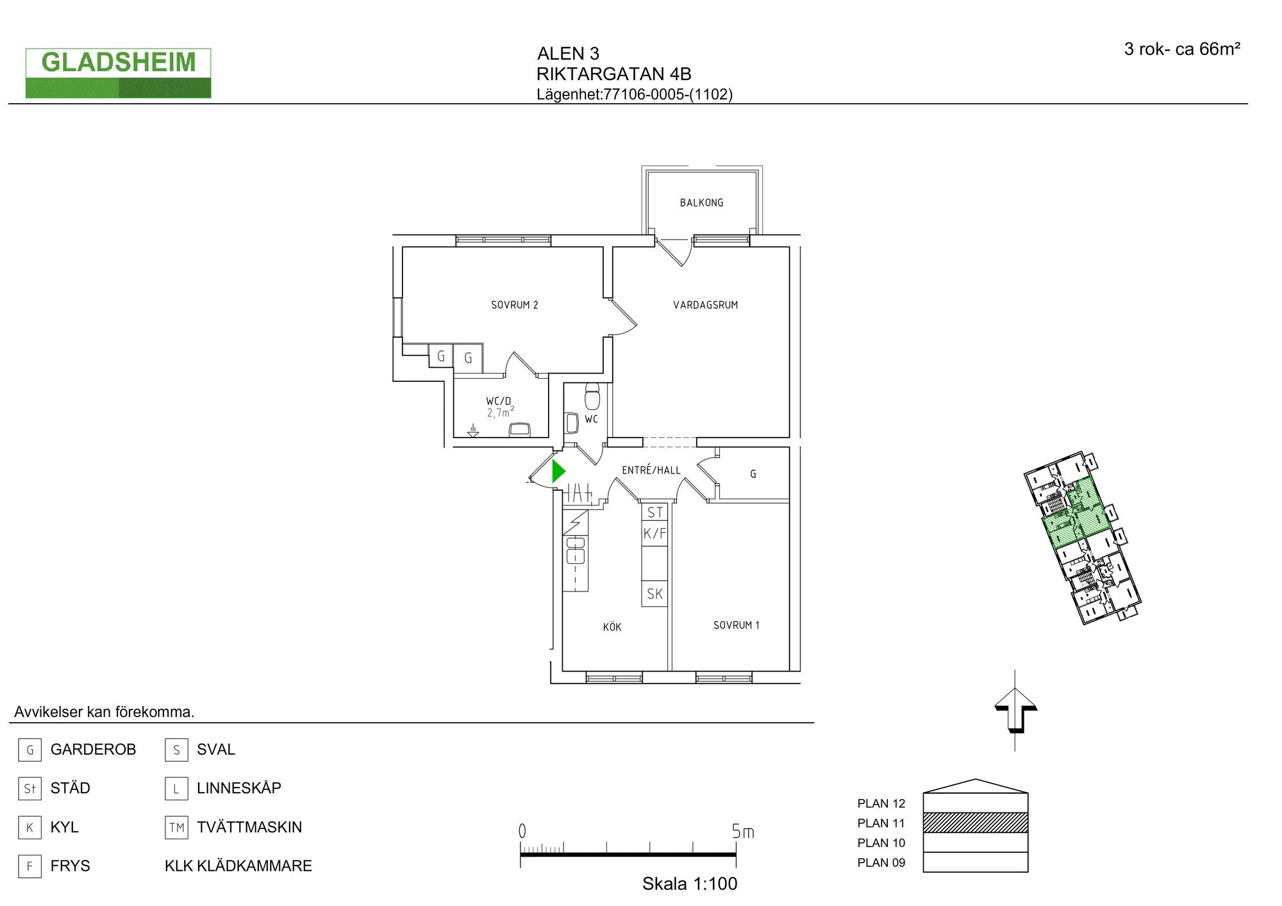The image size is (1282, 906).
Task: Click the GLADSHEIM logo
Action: click(x=119, y=73)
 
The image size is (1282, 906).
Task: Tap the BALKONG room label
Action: click(x=701, y=202)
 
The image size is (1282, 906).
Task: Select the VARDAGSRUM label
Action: click(x=705, y=305)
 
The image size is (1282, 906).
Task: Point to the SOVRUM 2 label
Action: click(x=514, y=305)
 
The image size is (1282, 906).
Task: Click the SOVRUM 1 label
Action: click(x=736, y=625)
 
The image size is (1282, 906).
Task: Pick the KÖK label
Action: click(x=612, y=627)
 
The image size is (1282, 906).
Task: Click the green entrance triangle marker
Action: click(x=558, y=472)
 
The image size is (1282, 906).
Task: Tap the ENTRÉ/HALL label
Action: click(x=651, y=470)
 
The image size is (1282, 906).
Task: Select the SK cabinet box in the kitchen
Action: click(x=654, y=593)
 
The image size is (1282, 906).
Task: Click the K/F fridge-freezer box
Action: click(x=654, y=533)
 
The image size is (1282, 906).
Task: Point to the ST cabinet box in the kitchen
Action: click(x=654, y=512)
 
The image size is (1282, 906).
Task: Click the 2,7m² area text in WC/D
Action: click(x=500, y=412)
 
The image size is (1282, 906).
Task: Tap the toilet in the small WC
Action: click(x=592, y=396)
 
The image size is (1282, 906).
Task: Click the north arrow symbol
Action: click(x=1015, y=710)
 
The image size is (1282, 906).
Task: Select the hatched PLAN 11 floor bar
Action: click(x=976, y=823)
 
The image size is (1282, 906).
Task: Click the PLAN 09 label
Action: click(x=881, y=862)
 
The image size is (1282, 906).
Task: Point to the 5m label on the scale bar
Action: click(x=743, y=831)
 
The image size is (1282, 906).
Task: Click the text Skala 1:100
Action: click(x=690, y=884)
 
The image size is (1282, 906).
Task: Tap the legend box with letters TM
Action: click(x=176, y=827)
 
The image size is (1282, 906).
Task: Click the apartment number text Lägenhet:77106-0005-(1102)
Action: click(x=635, y=94)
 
